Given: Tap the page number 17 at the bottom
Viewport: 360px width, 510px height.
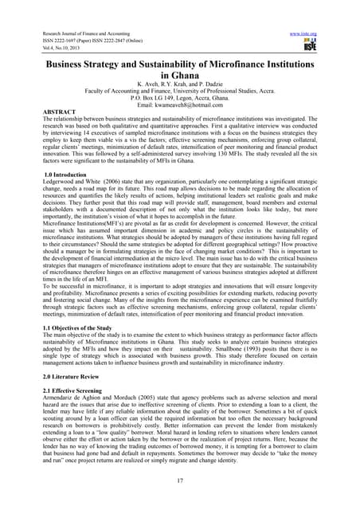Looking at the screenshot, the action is click(180, 480).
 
